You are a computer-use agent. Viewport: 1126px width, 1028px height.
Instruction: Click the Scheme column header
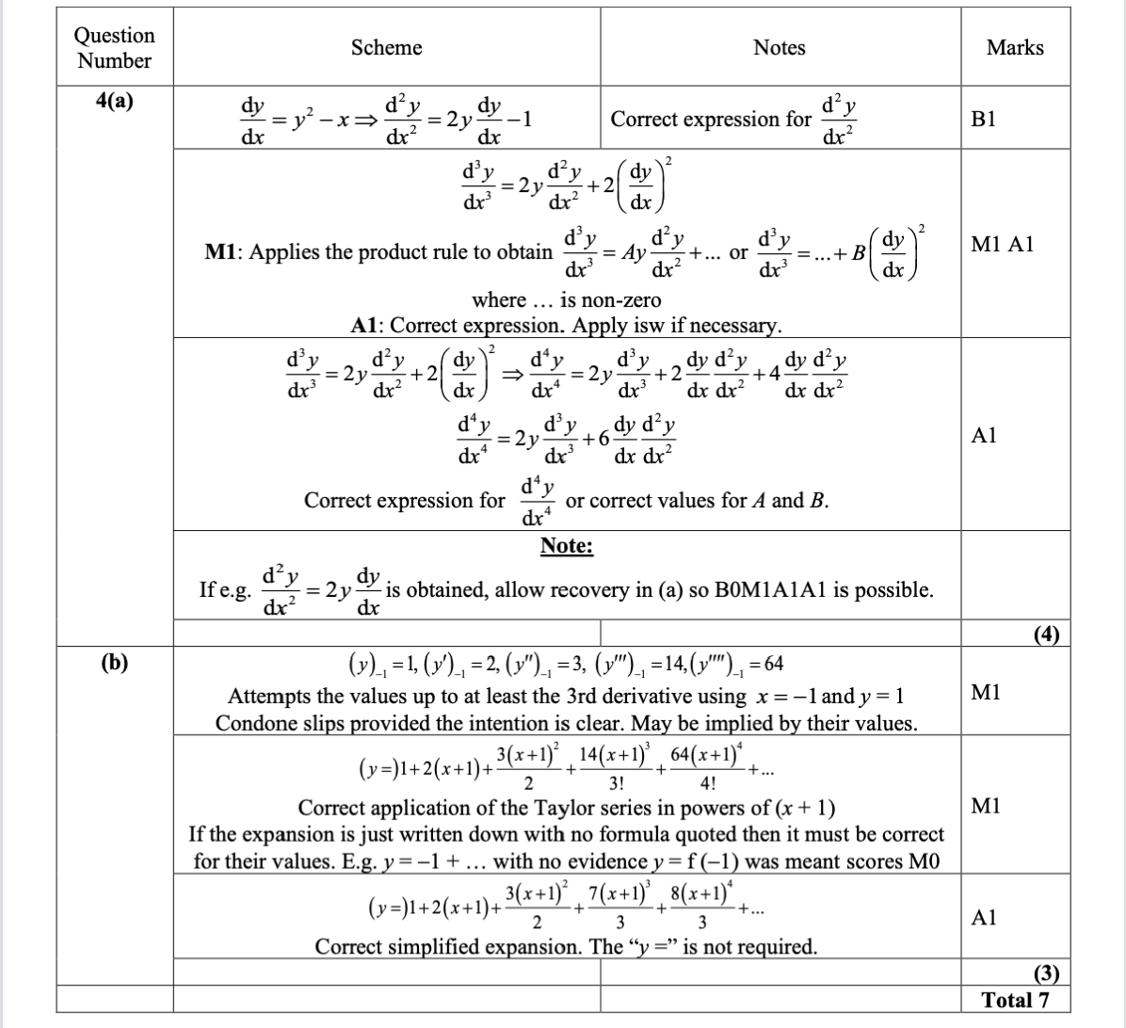pyautogui.click(x=386, y=47)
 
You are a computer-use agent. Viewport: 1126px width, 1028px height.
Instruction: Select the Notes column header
pyautogui.click(x=779, y=47)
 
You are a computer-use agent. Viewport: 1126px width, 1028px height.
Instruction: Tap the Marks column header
pyautogui.click(x=1015, y=47)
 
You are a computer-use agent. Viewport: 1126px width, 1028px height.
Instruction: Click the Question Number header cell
pyautogui.click(x=115, y=48)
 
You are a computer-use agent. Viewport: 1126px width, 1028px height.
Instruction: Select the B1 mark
pyautogui.click(x=1015, y=120)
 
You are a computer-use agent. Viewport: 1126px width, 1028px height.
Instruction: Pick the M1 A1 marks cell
pyautogui.click(x=1015, y=245)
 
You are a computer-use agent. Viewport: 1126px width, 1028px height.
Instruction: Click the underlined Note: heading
pyautogui.click(x=566, y=546)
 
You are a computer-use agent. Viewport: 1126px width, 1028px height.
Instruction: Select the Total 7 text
pyautogui.click(x=1015, y=1000)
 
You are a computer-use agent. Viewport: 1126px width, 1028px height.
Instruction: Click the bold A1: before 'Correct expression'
pyautogui.click(x=367, y=326)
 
